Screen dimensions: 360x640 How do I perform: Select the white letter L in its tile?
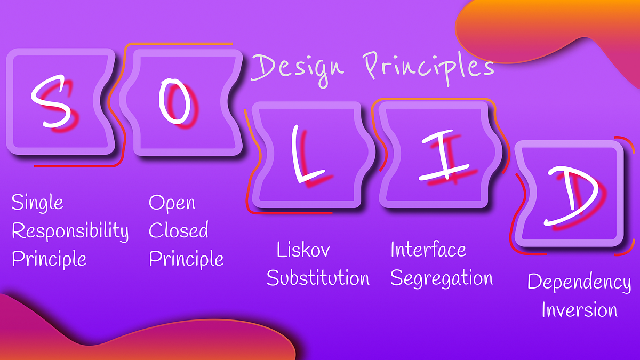[305, 157]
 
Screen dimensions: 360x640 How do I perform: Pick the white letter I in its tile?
[443, 156]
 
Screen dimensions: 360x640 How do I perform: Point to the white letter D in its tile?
[570, 194]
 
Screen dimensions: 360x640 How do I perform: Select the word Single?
[37, 203]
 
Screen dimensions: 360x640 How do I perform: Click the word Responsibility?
[70, 231]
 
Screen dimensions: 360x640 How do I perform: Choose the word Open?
[172, 203]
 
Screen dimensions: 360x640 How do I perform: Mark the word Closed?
[178, 231]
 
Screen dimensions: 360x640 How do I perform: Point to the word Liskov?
[303, 250]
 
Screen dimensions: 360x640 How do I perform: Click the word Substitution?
[318, 278]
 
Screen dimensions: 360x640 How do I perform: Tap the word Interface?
[428, 249]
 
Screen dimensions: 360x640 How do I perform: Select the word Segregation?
[442, 278]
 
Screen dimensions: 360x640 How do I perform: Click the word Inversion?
[579, 310]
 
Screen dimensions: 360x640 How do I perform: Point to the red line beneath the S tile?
[75, 166]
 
